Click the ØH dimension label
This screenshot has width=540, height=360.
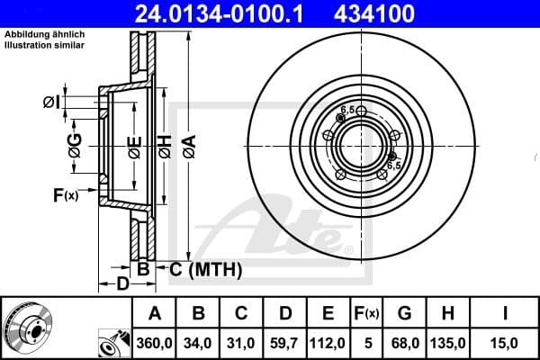[165, 144]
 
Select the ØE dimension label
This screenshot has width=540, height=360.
[134, 145]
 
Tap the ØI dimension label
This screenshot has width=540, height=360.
[51, 102]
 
